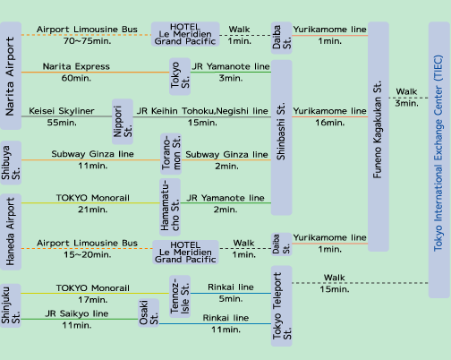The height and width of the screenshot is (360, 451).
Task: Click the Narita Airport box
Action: [x=11, y=76]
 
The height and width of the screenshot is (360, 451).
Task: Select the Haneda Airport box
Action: [x=11, y=232]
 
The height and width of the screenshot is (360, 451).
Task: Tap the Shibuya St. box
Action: [x=11, y=163]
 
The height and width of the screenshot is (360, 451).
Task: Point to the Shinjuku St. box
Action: [x=11, y=305]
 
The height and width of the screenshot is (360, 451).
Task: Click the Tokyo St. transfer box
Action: [x=180, y=76]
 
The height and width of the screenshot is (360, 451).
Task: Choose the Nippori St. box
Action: [x=123, y=122]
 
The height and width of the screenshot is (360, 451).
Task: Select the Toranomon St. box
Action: [x=171, y=154]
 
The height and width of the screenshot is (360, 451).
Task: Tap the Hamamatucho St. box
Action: [x=170, y=207]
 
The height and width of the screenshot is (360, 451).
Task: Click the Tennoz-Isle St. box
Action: [x=180, y=296]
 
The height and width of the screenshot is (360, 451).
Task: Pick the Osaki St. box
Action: [x=149, y=313]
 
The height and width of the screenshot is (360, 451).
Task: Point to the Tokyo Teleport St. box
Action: [x=282, y=306]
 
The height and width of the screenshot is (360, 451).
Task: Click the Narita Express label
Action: [x=76, y=66]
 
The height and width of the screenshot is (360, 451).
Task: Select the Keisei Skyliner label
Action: [x=62, y=111]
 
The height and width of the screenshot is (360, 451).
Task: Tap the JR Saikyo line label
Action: [x=77, y=313]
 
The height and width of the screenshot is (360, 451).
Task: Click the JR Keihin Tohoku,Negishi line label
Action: [x=202, y=111]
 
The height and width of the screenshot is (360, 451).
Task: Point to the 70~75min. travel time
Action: [x=87, y=41]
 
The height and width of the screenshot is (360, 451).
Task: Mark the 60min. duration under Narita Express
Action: [x=76, y=78]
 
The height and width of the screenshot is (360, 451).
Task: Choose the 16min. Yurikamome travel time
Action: [x=330, y=123]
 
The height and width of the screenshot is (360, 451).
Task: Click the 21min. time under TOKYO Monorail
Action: [x=92, y=210]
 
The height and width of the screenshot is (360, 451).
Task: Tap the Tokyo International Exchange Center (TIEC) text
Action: [x=438, y=153]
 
